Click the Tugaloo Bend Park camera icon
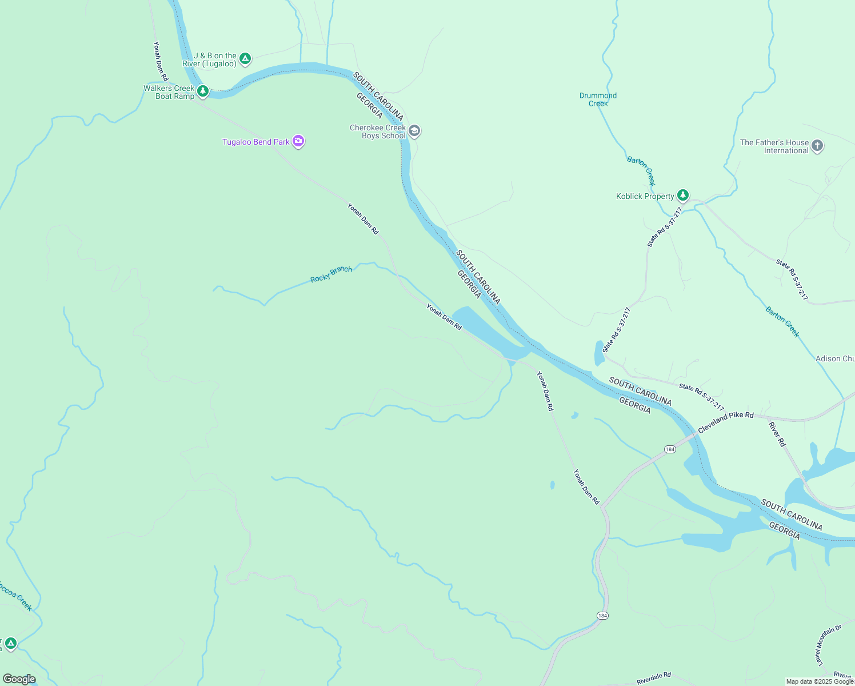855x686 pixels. (298, 141)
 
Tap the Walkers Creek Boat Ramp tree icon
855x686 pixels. (202, 91)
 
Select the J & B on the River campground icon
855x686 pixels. (245, 58)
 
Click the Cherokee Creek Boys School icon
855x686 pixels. (414, 131)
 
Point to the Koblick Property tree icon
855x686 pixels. (682, 196)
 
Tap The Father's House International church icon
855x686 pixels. (817, 146)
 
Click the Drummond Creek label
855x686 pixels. (598, 99)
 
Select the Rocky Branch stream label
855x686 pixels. (331, 274)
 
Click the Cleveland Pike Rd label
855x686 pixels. (725, 422)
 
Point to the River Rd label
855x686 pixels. (777, 434)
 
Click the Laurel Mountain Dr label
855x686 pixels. (829, 645)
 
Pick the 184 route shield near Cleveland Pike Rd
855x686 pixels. (670, 449)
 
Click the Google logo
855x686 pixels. (19, 679)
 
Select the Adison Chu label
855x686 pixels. (835, 358)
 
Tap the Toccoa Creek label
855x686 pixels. (15, 596)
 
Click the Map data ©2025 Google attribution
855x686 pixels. (820, 681)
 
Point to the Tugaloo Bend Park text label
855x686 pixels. (255, 142)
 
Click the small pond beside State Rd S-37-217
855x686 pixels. (599, 353)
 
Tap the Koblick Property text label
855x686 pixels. (645, 196)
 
